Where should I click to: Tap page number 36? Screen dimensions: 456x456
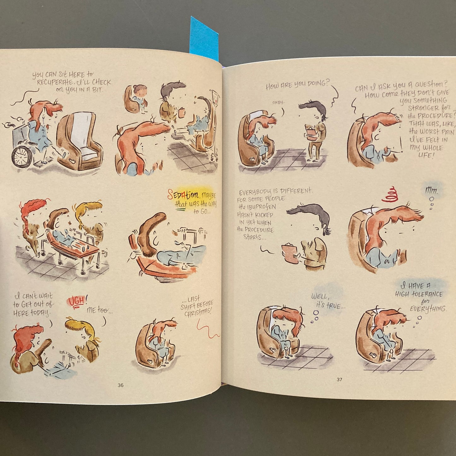coord(121,385)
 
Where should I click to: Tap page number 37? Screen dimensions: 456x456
coord(339,379)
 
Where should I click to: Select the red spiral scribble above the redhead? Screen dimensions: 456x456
coord(389,194)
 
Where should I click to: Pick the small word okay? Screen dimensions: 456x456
coord(279,103)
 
